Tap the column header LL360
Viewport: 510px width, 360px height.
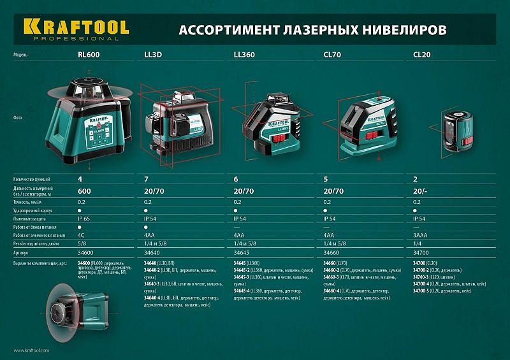[x=244, y=55]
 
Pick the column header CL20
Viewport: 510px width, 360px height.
[x=421, y=55]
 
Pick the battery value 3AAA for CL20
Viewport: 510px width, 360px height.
[x=420, y=235]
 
